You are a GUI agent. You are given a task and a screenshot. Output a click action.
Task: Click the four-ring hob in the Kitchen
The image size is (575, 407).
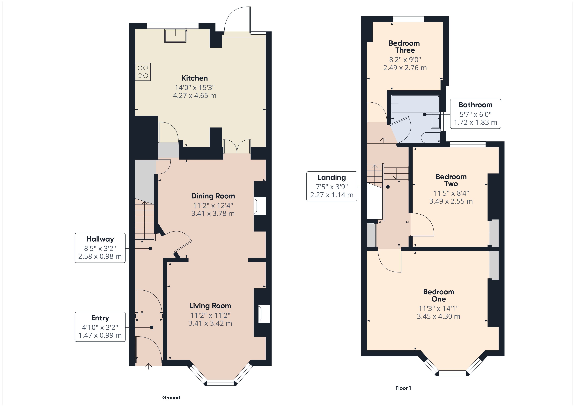click(143, 72)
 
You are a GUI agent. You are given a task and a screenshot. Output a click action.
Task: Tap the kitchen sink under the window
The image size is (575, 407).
click(175, 36)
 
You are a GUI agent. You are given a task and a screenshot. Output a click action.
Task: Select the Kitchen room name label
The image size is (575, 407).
click(195, 78)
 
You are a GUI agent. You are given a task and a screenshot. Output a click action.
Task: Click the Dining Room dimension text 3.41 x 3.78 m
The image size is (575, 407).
click(213, 213)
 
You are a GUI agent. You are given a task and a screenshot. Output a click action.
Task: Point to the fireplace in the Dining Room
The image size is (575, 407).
click(260, 206)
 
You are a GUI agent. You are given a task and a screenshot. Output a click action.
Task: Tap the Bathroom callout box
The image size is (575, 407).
click(475, 114)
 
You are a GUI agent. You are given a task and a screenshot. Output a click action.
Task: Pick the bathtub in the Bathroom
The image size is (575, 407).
click(415, 104)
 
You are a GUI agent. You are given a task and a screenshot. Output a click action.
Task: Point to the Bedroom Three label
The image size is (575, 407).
click(404, 47)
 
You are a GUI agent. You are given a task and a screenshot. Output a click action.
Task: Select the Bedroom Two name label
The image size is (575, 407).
click(451, 180)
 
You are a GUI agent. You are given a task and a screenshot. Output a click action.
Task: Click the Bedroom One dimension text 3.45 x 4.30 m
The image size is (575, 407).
click(438, 316)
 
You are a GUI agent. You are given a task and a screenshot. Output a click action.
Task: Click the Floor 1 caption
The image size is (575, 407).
click(403, 388)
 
